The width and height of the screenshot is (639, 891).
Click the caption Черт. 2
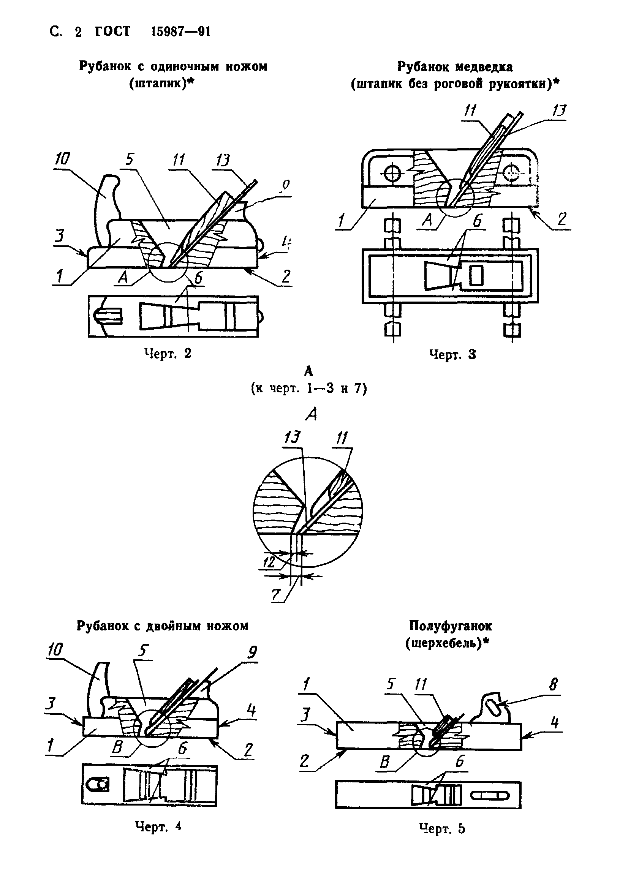tap(168, 354)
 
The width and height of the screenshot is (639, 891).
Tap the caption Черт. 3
tap(452, 354)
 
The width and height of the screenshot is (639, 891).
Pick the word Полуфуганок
tap(450, 626)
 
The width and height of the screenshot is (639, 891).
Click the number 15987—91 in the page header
tap(181, 32)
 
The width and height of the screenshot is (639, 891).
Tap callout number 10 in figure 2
tap(62, 159)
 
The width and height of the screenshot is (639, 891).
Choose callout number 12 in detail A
tap(269, 562)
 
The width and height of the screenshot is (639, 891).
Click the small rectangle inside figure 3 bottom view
tap(476, 275)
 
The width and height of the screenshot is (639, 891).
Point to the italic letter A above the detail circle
tap(311, 414)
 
